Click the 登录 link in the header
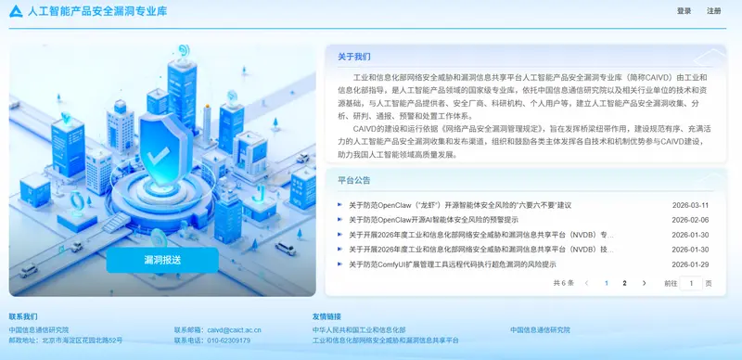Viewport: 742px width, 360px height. [x=684, y=11]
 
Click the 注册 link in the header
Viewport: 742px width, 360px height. [x=713, y=11]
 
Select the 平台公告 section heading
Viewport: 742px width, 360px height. [x=353, y=180]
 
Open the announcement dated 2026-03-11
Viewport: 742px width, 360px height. [x=460, y=205]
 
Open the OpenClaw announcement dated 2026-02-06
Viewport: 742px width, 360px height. [x=433, y=220]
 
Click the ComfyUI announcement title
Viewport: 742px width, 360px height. [x=452, y=264]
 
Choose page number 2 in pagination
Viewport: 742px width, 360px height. [x=624, y=283]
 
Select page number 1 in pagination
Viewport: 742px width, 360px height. [x=607, y=283]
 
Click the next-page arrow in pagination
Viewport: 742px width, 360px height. [x=644, y=283]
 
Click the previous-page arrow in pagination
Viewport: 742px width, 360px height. [x=586, y=283]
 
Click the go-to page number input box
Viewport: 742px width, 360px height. [x=690, y=283]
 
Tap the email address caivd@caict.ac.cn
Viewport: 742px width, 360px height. [x=234, y=330]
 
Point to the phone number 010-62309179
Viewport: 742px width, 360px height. [x=228, y=341]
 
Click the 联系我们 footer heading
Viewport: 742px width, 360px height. [x=23, y=316]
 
